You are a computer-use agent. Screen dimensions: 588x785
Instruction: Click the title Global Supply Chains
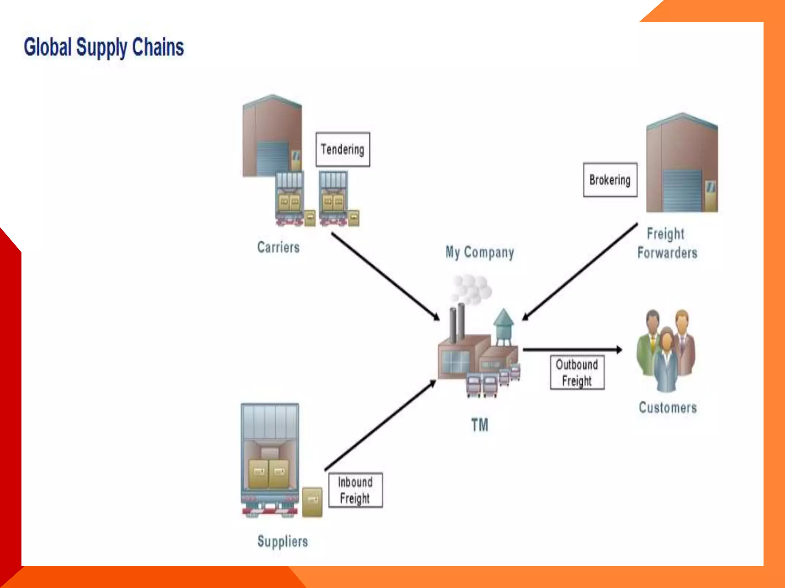(103, 47)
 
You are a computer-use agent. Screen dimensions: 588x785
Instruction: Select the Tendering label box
(343, 149)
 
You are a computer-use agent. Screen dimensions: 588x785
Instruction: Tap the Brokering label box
(610, 180)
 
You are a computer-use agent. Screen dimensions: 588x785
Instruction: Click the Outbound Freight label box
(577, 372)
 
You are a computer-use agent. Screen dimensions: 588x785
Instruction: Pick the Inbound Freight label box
(355, 490)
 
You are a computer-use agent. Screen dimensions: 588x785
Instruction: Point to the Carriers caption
(278, 247)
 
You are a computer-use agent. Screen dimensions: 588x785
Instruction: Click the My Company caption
(480, 253)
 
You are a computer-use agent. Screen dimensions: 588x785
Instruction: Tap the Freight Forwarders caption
(667, 243)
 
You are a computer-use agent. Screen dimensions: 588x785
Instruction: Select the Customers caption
(668, 408)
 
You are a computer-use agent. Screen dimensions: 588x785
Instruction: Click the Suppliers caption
(282, 541)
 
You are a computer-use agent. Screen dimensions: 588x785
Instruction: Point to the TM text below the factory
(480, 425)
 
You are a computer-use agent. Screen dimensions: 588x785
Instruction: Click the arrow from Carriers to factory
(385, 276)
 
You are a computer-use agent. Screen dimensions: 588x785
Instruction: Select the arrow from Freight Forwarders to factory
(580, 271)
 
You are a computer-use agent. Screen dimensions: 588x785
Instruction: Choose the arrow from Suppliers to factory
(380, 425)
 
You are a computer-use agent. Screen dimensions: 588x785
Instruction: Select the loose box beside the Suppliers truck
(312, 502)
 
